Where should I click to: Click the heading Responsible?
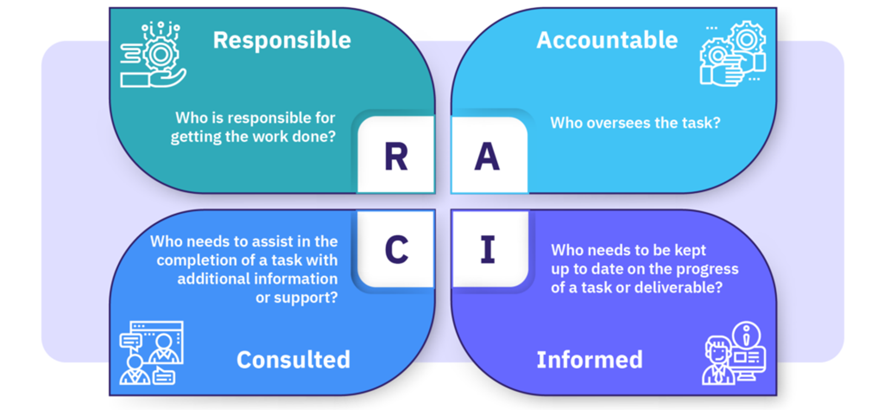tap(282, 40)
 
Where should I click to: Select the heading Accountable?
tap(607, 40)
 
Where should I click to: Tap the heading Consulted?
tap(293, 360)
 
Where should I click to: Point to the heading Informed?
tap(590, 360)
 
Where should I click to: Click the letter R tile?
tap(396, 157)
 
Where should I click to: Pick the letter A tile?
tap(487, 157)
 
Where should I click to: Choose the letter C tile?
tap(396, 250)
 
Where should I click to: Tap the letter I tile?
tap(487, 250)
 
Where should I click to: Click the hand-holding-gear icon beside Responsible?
tap(153, 55)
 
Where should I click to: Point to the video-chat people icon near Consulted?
tap(151, 353)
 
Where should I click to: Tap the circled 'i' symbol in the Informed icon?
tap(746, 334)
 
